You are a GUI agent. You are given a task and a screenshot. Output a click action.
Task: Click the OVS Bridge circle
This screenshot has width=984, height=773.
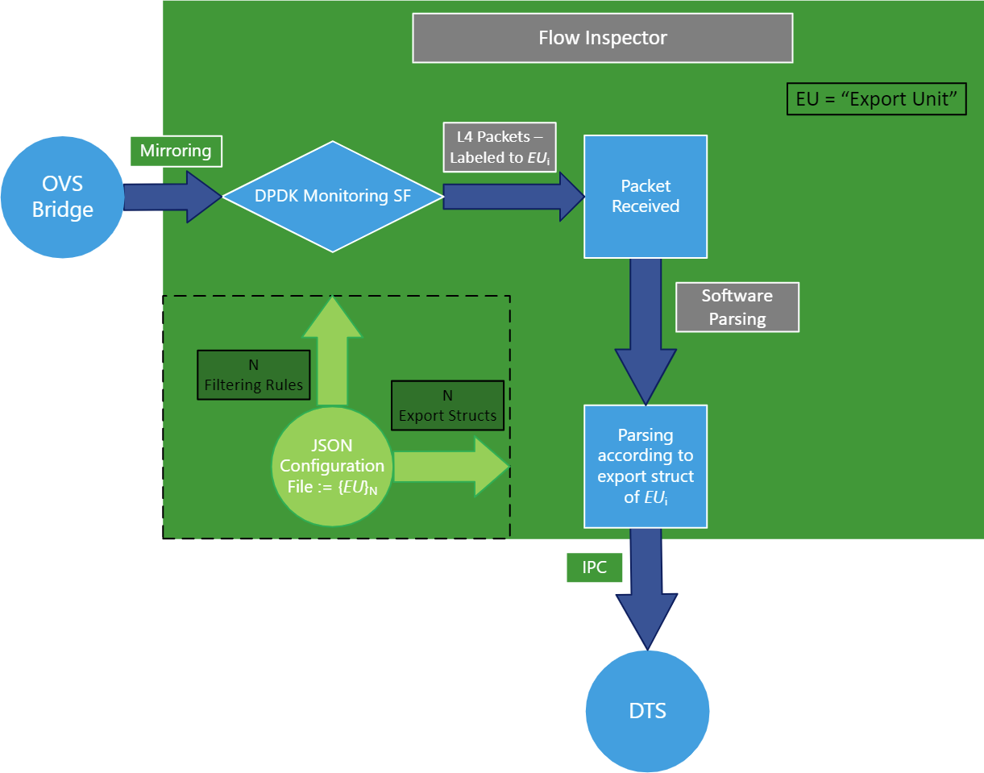[x=62, y=197]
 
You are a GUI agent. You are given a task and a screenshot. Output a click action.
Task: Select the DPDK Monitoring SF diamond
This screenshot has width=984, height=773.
[x=332, y=196]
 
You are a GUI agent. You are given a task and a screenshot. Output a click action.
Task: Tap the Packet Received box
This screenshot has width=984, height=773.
[x=645, y=197]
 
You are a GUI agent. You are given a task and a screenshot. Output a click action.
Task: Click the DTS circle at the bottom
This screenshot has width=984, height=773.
[x=648, y=711]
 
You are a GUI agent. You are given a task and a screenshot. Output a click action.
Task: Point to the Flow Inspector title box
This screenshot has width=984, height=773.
[x=602, y=38]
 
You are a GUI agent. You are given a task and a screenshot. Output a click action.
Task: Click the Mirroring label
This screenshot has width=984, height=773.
[x=175, y=151]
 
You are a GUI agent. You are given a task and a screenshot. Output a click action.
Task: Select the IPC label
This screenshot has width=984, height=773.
[x=594, y=567]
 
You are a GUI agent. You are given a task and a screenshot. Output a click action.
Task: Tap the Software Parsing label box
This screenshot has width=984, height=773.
[x=737, y=307]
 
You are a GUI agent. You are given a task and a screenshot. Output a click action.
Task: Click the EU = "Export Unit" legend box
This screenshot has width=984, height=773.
[x=875, y=101]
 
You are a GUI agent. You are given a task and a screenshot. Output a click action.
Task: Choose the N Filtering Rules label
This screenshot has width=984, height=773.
[x=253, y=375]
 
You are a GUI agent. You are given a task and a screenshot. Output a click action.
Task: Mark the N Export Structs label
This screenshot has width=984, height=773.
[x=446, y=405]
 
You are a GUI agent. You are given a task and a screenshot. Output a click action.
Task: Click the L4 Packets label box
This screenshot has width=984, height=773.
[x=500, y=148]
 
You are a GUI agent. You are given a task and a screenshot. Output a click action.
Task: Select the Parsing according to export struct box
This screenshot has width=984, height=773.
[x=645, y=466]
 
